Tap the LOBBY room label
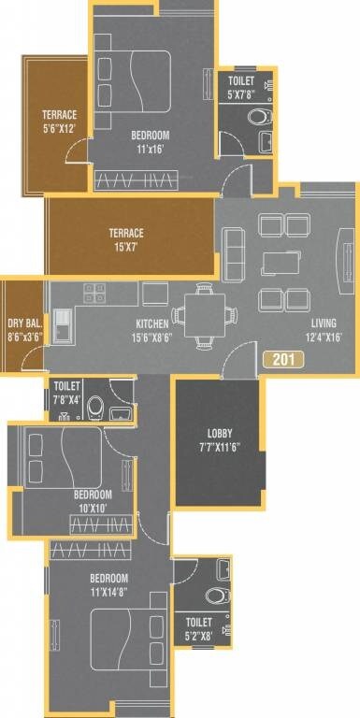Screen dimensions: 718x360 point(220,434)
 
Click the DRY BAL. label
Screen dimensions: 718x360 point(22,317)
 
